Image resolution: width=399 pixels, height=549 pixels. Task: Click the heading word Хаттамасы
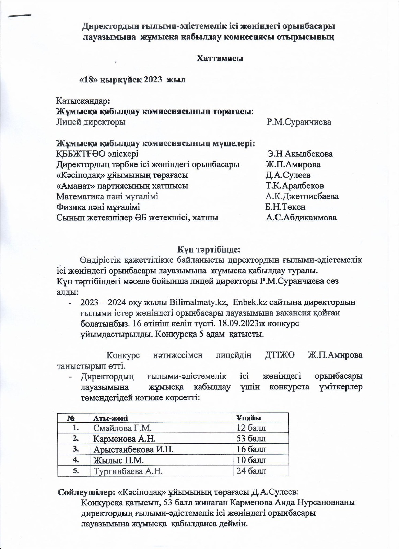[220, 58]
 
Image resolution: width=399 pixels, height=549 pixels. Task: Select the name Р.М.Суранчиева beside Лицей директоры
[299, 122]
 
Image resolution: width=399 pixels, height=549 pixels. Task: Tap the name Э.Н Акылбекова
[300, 154]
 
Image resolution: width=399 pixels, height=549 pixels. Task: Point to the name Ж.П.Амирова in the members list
[293, 165]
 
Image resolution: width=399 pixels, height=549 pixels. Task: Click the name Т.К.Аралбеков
[295, 186]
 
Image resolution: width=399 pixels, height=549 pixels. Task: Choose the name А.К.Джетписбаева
[302, 197]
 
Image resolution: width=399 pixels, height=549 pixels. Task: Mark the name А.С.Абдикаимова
[301, 218]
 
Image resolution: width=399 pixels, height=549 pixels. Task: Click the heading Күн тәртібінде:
[211, 249]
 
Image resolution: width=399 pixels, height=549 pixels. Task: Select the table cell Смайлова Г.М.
[122, 428]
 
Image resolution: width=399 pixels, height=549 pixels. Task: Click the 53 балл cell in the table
[251, 439]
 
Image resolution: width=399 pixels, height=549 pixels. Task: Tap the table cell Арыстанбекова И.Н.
[133, 449]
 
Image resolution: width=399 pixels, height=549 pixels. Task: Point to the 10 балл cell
[251, 460]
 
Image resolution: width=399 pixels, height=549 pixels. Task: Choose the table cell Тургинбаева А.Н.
[128, 471]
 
